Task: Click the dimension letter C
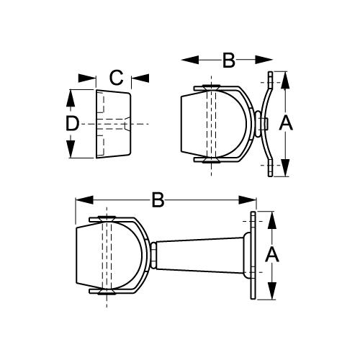point(115,76)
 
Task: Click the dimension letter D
point(71,124)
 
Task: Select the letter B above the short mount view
point(228,60)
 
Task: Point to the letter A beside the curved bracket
point(285,124)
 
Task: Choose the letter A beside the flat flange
point(272,254)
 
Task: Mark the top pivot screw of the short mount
point(212,87)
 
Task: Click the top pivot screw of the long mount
point(106,218)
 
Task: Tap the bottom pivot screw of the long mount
point(106,294)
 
